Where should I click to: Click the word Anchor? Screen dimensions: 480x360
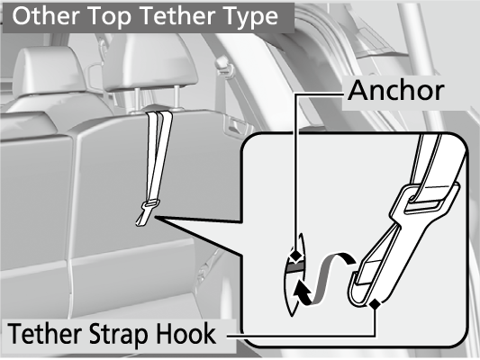point(396,90)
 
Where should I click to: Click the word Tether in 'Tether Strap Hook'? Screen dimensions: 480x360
point(44,334)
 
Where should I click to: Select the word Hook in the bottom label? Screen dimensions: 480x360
point(186,334)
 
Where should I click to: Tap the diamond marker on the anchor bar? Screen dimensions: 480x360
point(295,255)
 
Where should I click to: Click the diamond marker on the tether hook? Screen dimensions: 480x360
point(375,304)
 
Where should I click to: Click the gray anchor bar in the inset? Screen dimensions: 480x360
point(294,267)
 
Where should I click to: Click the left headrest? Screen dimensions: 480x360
point(49,72)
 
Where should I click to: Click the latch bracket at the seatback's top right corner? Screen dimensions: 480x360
point(235,124)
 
